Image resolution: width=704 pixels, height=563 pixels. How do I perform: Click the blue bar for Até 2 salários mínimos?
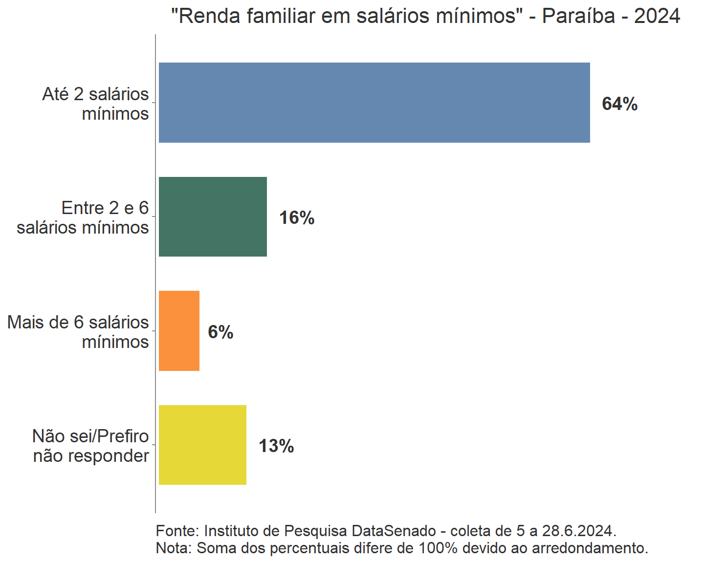click(374, 103)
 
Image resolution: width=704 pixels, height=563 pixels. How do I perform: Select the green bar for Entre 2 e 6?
click(213, 217)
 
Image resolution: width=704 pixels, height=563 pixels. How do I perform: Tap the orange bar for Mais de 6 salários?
click(179, 331)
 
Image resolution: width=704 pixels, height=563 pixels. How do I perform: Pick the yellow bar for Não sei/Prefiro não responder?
click(202, 445)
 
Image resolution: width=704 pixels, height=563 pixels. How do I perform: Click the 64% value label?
click(619, 104)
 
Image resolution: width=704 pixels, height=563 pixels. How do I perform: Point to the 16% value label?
click(297, 218)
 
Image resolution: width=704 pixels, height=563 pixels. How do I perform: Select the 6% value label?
click(220, 332)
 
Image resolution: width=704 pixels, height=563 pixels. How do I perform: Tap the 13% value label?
click(276, 446)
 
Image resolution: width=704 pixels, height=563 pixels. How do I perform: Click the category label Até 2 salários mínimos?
click(95, 104)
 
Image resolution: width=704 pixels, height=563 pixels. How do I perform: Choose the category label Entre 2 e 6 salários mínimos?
click(83, 217)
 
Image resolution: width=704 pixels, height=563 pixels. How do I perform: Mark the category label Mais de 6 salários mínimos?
click(78, 332)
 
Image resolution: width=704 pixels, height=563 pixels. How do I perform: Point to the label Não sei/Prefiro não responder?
click(90, 446)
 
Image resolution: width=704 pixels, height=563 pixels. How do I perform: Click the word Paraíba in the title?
click(578, 16)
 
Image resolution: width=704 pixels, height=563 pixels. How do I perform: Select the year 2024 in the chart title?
click(657, 16)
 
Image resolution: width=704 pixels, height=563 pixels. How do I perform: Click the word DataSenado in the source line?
click(394, 531)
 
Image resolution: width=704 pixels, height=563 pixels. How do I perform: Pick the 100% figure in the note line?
click(438, 548)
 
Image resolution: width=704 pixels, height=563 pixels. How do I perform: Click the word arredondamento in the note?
click(590, 548)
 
